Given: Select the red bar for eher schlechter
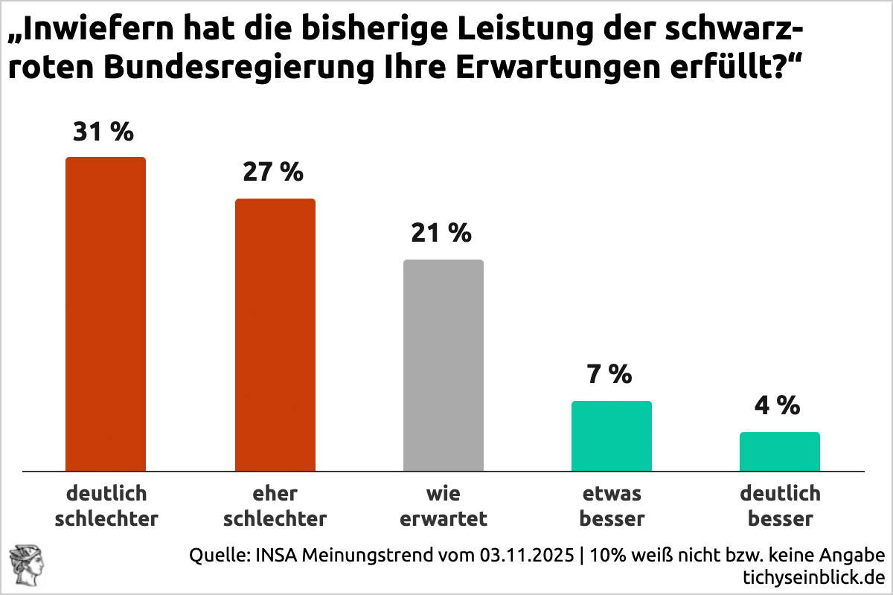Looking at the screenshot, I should [x=275, y=335].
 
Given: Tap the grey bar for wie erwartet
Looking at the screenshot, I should [x=444, y=365].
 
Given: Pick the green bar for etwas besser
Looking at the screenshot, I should [x=612, y=436].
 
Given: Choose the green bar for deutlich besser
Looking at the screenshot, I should [x=780, y=451].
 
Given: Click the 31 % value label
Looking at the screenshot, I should [x=103, y=132].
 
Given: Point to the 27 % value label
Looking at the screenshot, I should [x=273, y=172].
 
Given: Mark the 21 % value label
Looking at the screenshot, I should [x=441, y=233].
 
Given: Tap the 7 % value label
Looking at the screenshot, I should [x=609, y=373].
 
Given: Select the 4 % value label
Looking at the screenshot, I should [x=778, y=405].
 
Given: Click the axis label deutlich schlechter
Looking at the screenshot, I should [x=106, y=506].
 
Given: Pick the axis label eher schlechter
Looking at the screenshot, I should [x=275, y=506].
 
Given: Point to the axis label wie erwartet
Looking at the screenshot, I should [x=444, y=506].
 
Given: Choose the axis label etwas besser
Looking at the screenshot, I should [x=612, y=506].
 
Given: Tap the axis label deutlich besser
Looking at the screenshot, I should [x=780, y=506].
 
